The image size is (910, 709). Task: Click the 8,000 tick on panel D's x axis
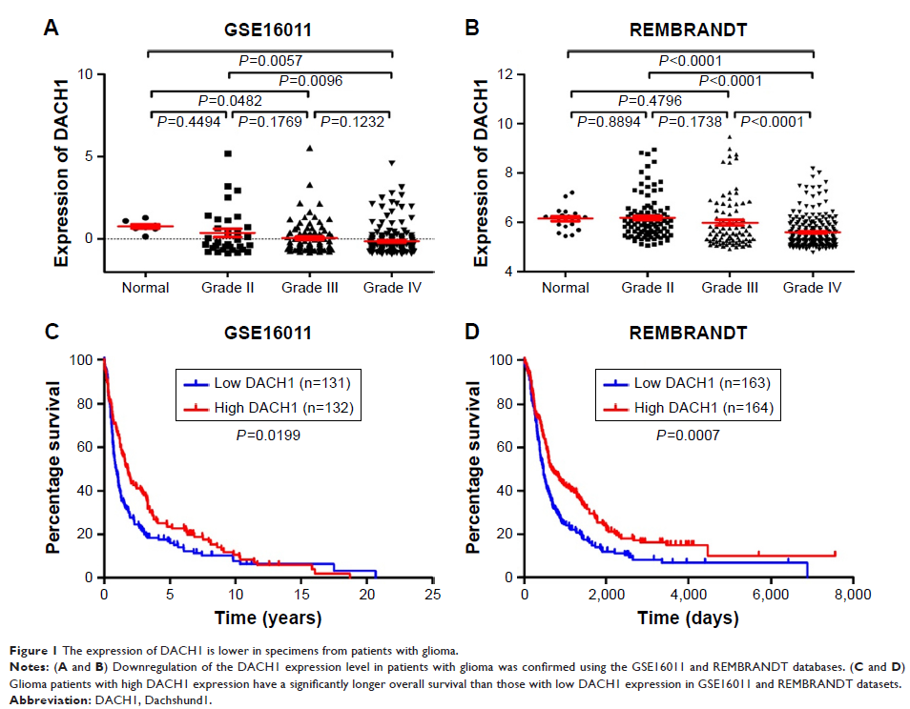tap(833, 595)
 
